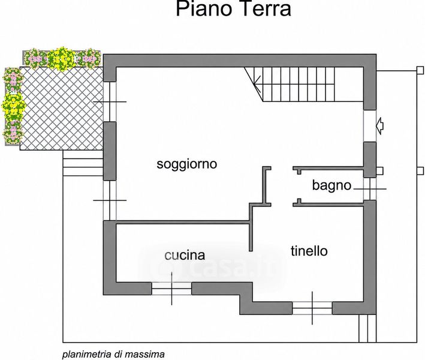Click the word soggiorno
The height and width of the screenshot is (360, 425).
187,164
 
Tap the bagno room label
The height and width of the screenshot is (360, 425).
331,185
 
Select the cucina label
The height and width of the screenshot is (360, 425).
185,255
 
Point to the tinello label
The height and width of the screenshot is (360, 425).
309,251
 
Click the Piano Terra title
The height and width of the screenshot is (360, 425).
234,8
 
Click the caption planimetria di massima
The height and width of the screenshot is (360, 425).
113,355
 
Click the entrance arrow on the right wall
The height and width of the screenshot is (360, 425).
380,125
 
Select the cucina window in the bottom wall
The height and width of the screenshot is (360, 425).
171,289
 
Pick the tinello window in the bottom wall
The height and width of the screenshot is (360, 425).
312,308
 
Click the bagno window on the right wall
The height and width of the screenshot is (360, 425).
370,189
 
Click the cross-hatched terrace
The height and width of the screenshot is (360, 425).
62,108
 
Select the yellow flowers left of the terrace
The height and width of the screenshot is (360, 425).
13,106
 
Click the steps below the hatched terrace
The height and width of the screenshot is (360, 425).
83,163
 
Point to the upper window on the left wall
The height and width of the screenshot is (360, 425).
110,102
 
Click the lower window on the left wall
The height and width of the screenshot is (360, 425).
110,200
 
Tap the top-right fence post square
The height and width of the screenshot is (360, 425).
420,70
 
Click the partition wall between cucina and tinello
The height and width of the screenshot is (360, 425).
251,227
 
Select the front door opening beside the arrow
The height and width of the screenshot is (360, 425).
370,126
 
